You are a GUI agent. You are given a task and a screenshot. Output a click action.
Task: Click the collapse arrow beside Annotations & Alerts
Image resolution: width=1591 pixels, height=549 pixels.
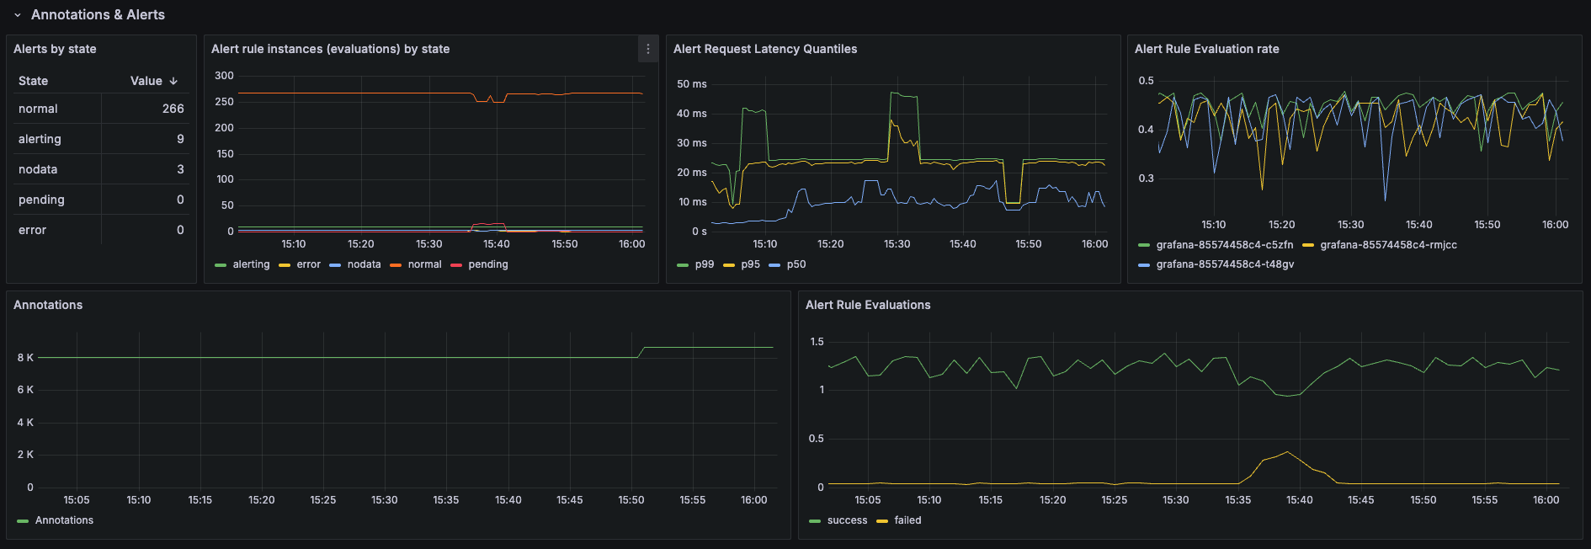coord(17,15)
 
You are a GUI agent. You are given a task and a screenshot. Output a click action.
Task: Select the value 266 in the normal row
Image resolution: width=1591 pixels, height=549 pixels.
coord(173,109)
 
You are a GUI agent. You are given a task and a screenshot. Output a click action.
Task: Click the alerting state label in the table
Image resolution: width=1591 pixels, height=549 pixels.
coord(40,139)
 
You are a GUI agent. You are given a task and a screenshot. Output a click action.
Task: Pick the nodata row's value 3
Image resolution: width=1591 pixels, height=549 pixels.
coord(180,169)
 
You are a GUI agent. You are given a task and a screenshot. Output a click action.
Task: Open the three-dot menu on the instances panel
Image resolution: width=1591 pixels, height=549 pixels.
coord(647,49)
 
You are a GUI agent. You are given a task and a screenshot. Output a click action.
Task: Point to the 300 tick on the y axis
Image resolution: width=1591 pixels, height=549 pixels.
coord(224,76)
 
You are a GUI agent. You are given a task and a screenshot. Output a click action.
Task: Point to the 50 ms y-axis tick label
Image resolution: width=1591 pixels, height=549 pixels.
coord(691,84)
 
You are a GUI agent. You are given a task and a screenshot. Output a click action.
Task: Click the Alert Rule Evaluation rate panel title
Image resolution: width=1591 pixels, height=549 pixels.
coord(1206,49)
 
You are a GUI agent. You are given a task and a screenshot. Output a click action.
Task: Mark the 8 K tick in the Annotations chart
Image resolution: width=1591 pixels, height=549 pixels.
coord(25,358)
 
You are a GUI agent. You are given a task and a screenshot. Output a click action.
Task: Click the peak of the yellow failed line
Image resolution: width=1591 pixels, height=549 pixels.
coord(1287,452)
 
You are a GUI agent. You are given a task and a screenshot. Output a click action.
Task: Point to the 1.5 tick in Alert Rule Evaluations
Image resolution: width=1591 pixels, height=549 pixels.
coord(817,342)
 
